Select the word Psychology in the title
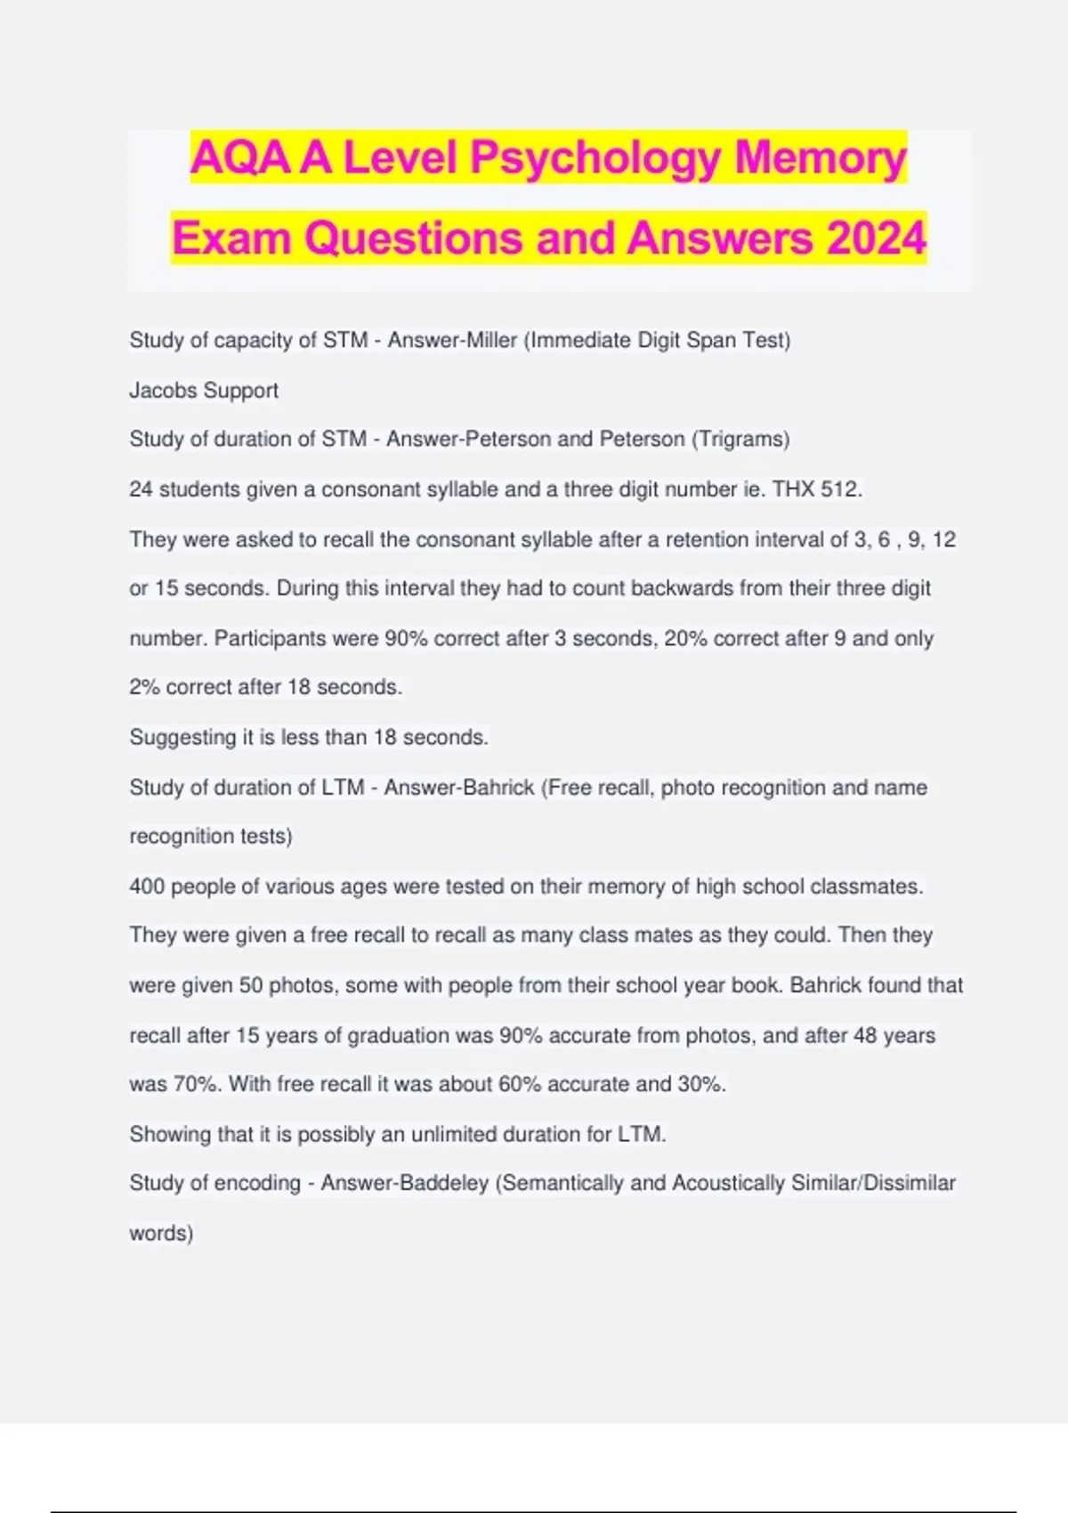coord(595,158)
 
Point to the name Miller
coord(489,340)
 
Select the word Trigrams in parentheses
coord(740,439)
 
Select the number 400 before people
coord(147,886)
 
